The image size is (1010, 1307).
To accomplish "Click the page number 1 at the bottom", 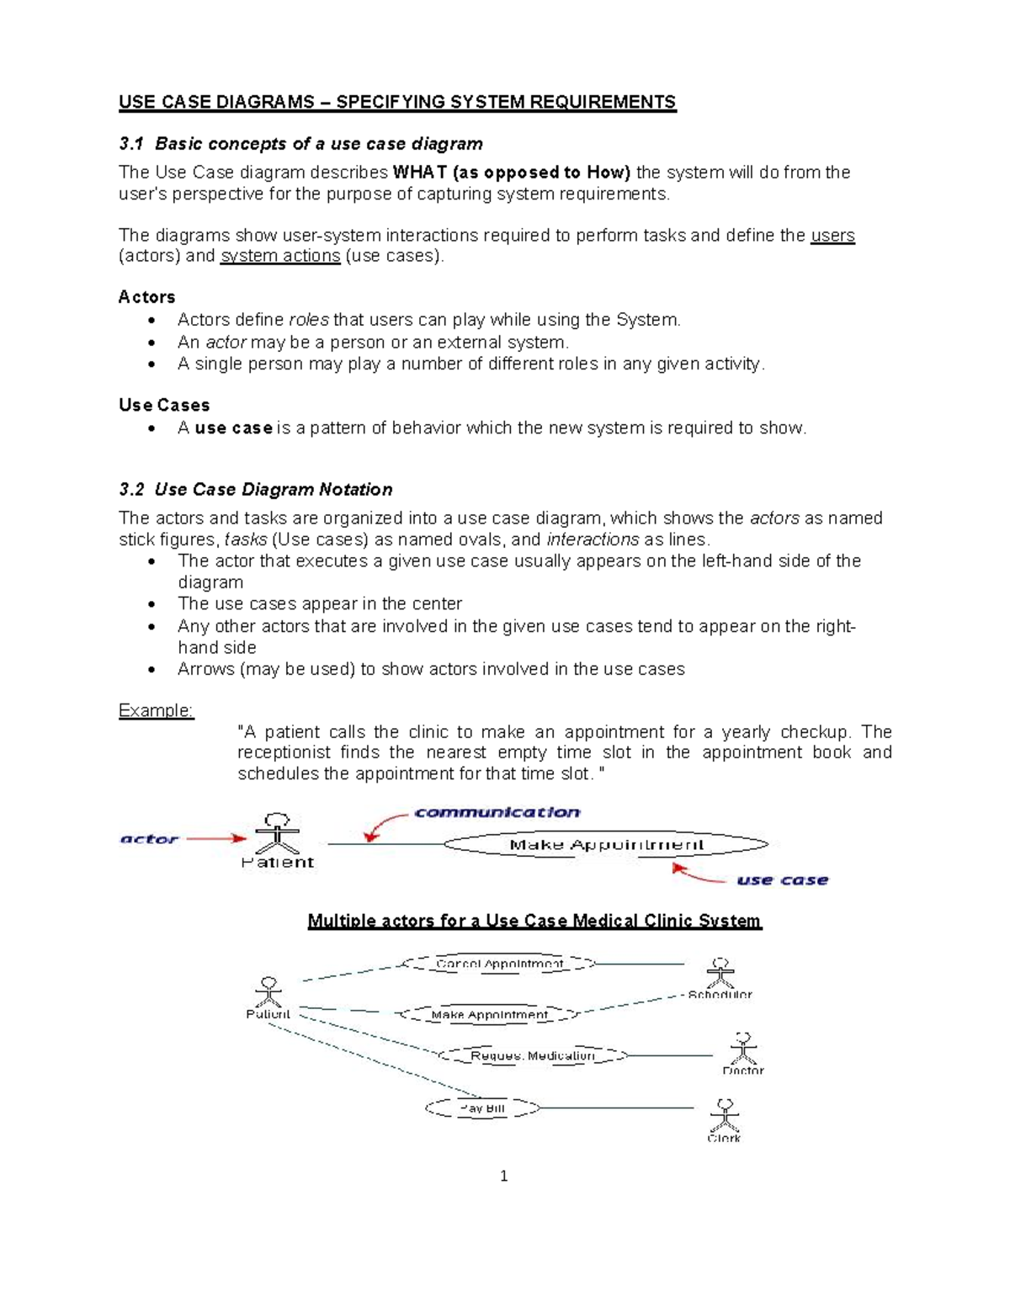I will coord(503,1177).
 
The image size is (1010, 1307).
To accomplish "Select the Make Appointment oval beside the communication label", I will coord(606,844).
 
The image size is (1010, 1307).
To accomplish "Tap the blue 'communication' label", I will coord(497,812).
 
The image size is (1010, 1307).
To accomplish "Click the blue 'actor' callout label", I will coord(149,839).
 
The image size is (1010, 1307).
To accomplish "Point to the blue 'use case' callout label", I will coord(782,880).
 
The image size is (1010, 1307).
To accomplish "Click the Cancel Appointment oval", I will coord(499,964).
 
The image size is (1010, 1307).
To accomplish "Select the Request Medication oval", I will coord(532,1055).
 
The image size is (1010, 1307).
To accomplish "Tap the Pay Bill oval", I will coord(482,1108).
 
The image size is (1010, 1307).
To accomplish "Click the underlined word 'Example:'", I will coord(156,711).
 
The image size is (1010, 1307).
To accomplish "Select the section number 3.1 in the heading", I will coord(131,144).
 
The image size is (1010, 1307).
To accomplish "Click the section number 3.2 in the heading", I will coord(131,490).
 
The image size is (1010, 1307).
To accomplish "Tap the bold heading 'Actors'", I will coord(146,297).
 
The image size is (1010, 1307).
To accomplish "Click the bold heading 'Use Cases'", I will coord(164,406).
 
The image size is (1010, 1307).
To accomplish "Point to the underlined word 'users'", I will coord(832,236).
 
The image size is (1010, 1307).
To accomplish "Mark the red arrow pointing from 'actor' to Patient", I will coord(215,838).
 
